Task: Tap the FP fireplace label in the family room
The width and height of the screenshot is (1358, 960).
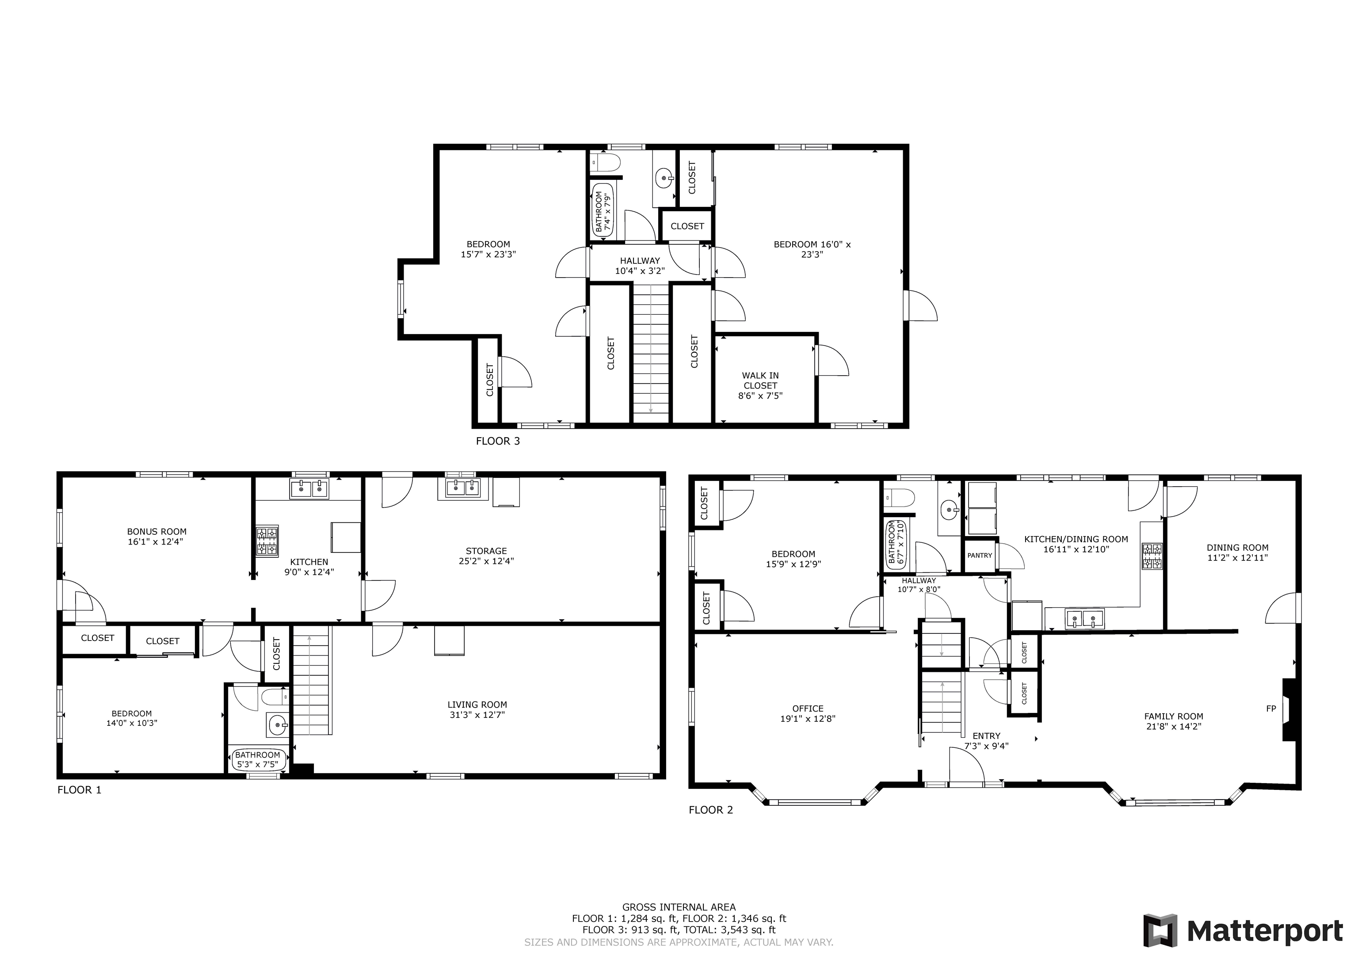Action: pyautogui.click(x=1270, y=709)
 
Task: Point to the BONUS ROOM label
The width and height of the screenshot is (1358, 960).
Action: pyautogui.click(x=157, y=532)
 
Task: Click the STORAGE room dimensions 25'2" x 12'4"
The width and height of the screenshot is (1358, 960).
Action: pyautogui.click(x=486, y=561)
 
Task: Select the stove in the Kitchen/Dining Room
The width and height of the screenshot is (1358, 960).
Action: pyautogui.click(x=1152, y=556)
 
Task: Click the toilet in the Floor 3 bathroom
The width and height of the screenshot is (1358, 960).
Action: pyautogui.click(x=604, y=161)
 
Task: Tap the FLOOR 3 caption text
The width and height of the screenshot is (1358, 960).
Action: pyautogui.click(x=497, y=441)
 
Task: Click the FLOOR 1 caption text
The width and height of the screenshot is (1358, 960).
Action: pyautogui.click(x=79, y=790)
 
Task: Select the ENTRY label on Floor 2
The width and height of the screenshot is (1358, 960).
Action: pyautogui.click(x=986, y=736)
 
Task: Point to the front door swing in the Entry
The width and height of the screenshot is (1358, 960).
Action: pyautogui.click(x=965, y=766)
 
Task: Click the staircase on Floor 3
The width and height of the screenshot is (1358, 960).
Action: pyautogui.click(x=651, y=352)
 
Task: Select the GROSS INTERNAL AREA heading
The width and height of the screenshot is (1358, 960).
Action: pyautogui.click(x=679, y=907)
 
